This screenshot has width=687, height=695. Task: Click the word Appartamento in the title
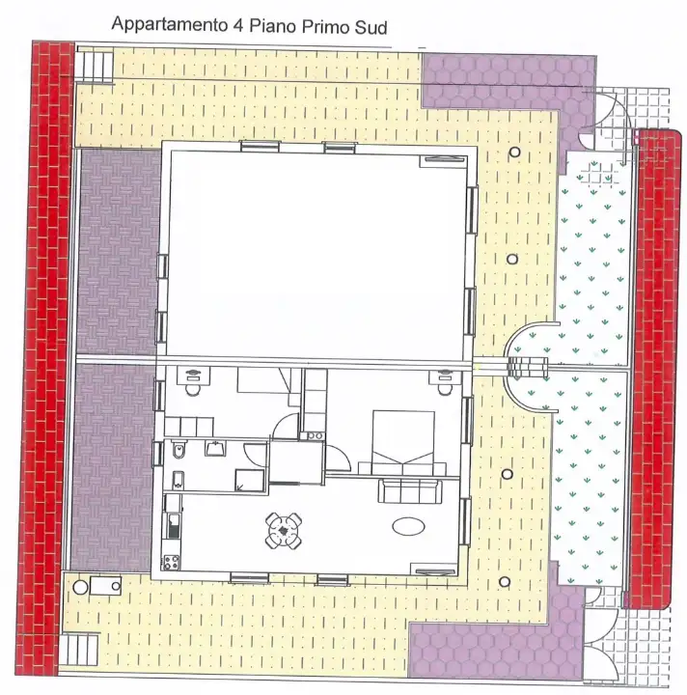(x=168, y=25)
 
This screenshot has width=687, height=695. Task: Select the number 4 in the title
(x=237, y=26)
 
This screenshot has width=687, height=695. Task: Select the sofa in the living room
(x=412, y=491)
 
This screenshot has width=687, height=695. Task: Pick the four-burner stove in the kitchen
(x=173, y=560)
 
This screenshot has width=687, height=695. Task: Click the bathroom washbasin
(x=214, y=446)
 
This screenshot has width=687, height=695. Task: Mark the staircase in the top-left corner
(x=96, y=66)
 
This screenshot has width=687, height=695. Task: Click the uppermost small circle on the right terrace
(x=516, y=153)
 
